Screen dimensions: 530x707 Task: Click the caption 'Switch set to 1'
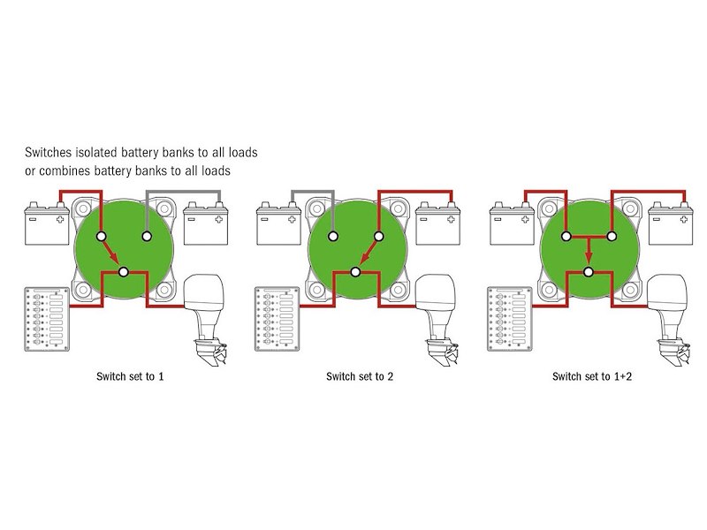pyautogui.click(x=131, y=375)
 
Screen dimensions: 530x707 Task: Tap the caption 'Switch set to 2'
pyautogui.click(x=360, y=375)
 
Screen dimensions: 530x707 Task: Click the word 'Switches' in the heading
pyautogui.click(x=55, y=152)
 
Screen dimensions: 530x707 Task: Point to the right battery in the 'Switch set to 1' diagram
pyautogui.click(x=207, y=224)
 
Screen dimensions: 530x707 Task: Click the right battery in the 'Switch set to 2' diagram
pyautogui.click(x=438, y=224)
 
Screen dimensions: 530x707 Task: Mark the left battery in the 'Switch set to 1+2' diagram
pyautogui.click(x=510, y=224)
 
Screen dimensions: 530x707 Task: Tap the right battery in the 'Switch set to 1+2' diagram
pyautogui.click(x=673, y=224)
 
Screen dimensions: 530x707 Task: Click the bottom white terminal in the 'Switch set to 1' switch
pyautogui.click(x=124, y=272)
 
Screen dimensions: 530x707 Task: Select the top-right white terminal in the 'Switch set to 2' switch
pyautogui.click(x=378, y=237)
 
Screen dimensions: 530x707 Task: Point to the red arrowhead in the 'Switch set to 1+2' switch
pyautogui.click(x=587, y=257)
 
